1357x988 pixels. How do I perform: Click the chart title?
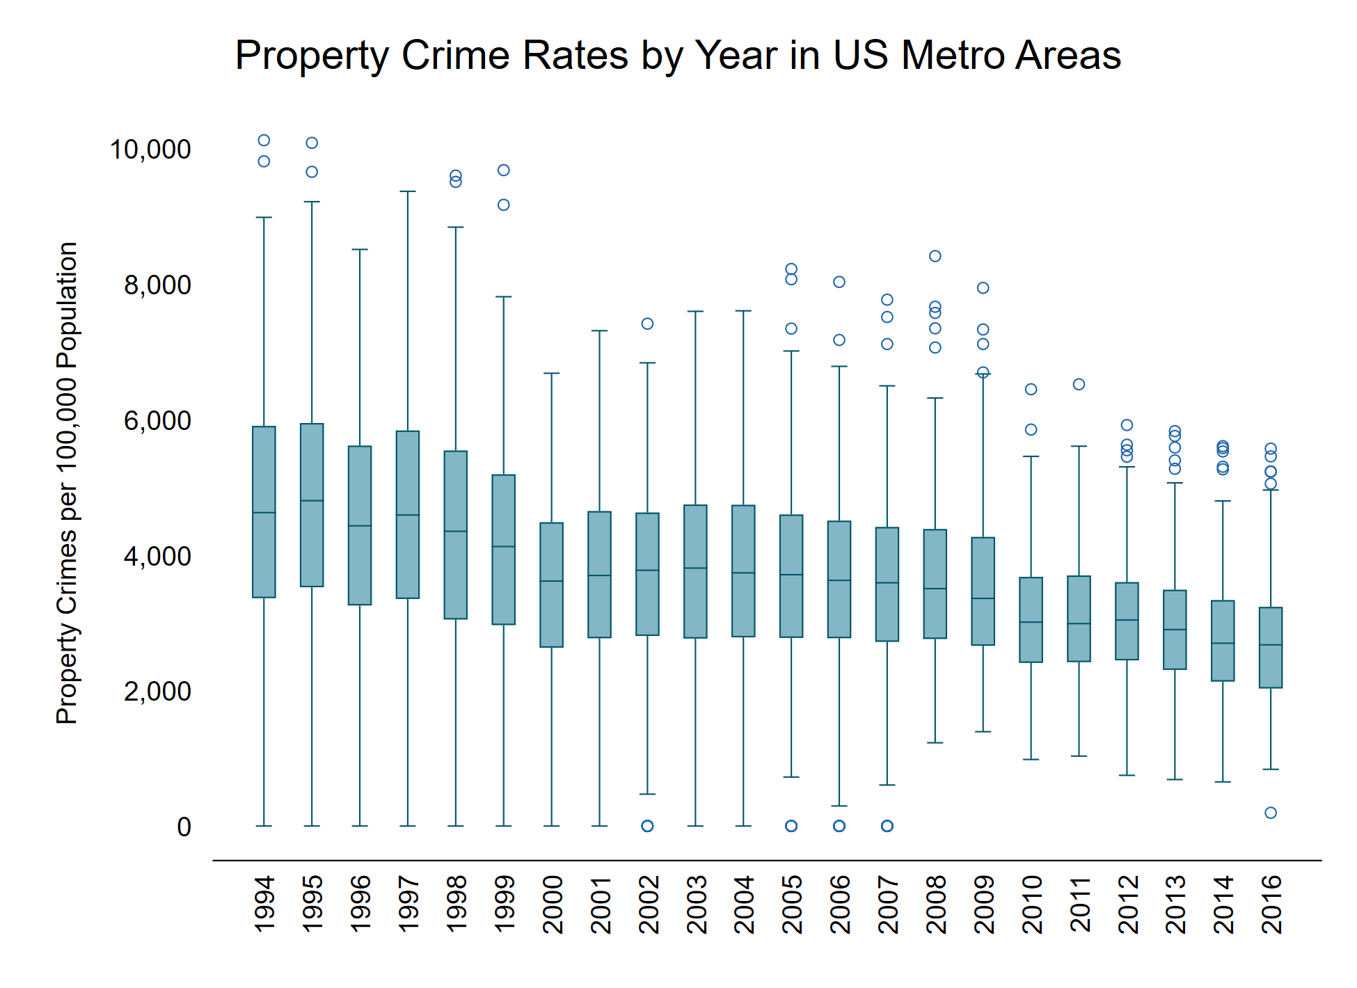pos(678,55)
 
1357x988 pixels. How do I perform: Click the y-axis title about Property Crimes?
pos(67,483)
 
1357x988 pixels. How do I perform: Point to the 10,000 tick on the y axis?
pos(150,150)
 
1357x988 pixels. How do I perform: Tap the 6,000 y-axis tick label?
pos(157,421)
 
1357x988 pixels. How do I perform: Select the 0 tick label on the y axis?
pos(184,827)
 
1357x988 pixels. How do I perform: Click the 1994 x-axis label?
pos(264,905)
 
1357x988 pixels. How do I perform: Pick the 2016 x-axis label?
pos(1271,905)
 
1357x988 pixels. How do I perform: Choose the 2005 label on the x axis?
pos(791,905)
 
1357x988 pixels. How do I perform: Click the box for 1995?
pos(312,505)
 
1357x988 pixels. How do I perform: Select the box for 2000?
pos(552,585)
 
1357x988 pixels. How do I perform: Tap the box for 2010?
pos(1031,620)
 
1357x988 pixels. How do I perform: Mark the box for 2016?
pos(1271,648)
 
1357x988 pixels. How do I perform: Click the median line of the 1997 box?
pos(408,515)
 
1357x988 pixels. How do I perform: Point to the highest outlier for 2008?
pos(935,256)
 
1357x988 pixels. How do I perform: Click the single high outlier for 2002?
pos(647,324)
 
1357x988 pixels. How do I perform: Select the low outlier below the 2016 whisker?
pos(1271,813)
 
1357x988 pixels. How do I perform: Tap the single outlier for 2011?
pos(1079,384)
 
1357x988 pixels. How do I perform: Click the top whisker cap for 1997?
pos(408,191)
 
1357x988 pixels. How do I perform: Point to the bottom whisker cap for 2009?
pos(983,732)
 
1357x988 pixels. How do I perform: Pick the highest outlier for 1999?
pos(504,170)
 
